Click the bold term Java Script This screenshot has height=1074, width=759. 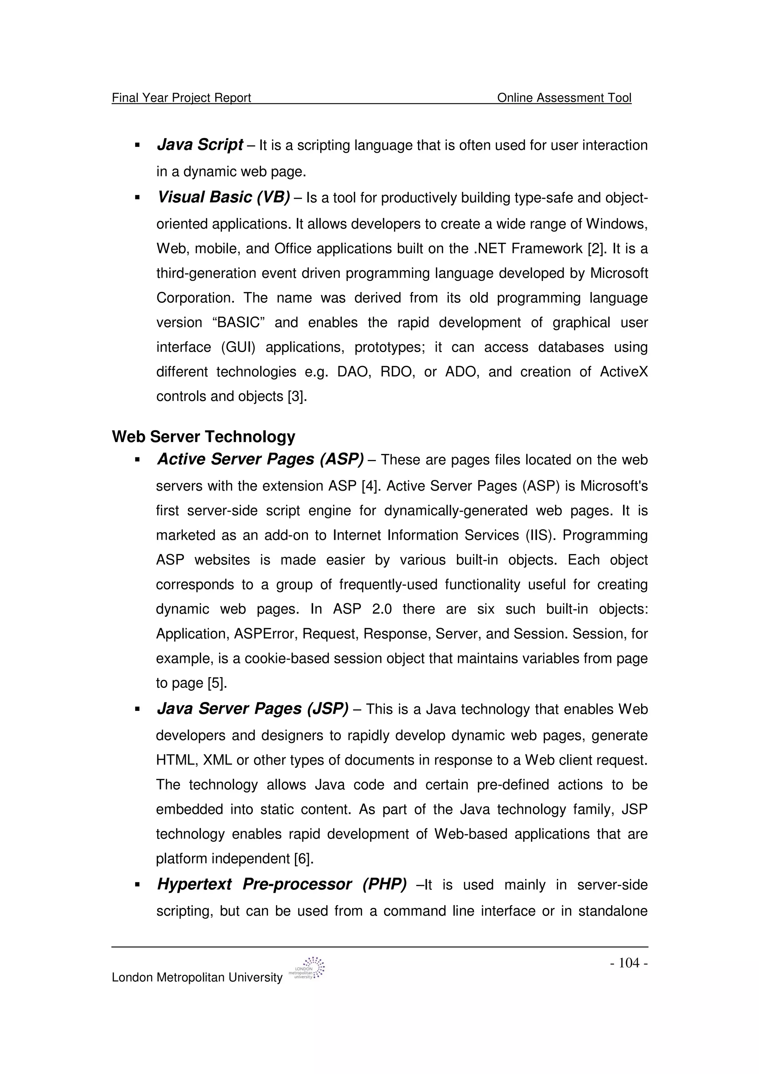pyautogui.click(x=200, y=145)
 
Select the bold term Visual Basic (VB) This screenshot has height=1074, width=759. pyautogui.click(x=223, y=198)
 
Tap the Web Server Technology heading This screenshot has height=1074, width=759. pyautogui.click(x=203, y=437)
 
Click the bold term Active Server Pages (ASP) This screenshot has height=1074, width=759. pyautogui.click(x=260, y=459)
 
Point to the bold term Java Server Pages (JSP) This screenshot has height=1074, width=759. pyautogui.click(x=252, y=709)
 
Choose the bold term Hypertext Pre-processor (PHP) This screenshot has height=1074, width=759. pyautogui.click(x=282, y=884)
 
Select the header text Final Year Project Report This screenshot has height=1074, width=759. pyautogui.click(x=182, y=98)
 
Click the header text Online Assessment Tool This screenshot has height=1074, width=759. pyautogui.click(x=564, y=98)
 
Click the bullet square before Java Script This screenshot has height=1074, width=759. pyautogui.click(x=137, y=146)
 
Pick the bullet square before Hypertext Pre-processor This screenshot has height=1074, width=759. pyautogui.click(x=137, y=885)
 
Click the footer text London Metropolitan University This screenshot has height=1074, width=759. pyautogui.click(x=197, y=978)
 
